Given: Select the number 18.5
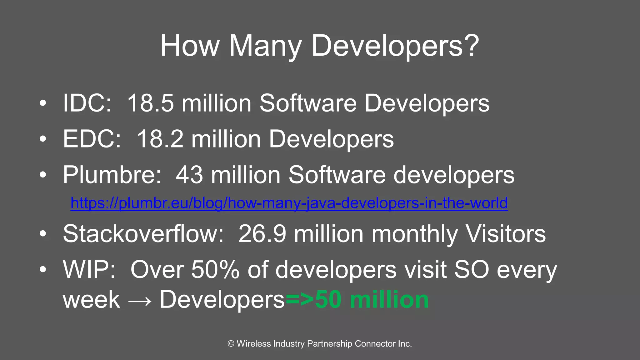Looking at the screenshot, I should [150, 103].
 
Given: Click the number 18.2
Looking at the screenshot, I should [160, 139].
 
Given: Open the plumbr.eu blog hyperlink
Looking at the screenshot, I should [289, 203].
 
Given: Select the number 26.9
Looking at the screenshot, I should [262, 234].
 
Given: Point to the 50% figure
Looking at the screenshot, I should [215, 269].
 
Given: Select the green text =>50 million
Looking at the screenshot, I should [357, 300].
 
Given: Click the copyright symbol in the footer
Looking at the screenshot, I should [231, 344].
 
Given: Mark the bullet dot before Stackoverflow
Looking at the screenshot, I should [43, 234].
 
